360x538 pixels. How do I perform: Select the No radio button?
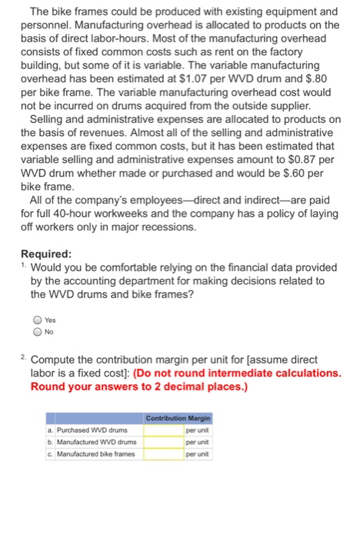click(37, 333)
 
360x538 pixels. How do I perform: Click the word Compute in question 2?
click(55, 358)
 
